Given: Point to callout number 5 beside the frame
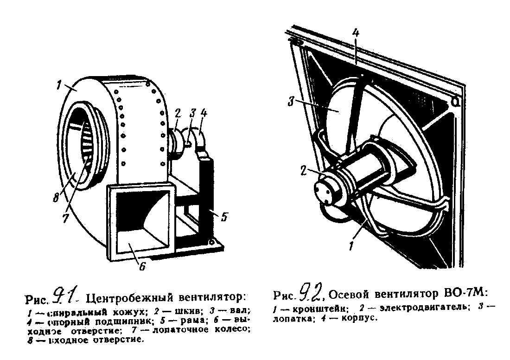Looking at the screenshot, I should click(x=224, y=216).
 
